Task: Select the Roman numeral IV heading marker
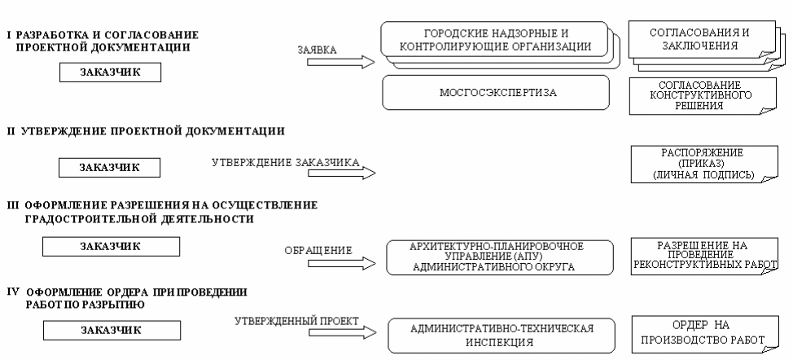(12, 291)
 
